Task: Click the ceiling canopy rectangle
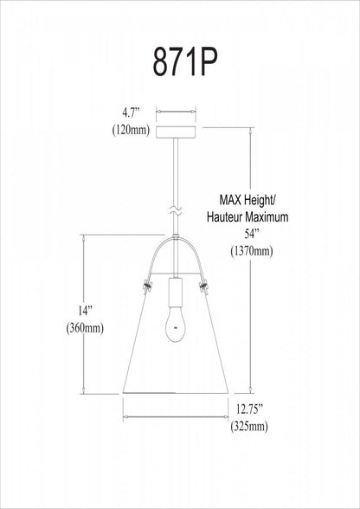[x=173, y=131]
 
